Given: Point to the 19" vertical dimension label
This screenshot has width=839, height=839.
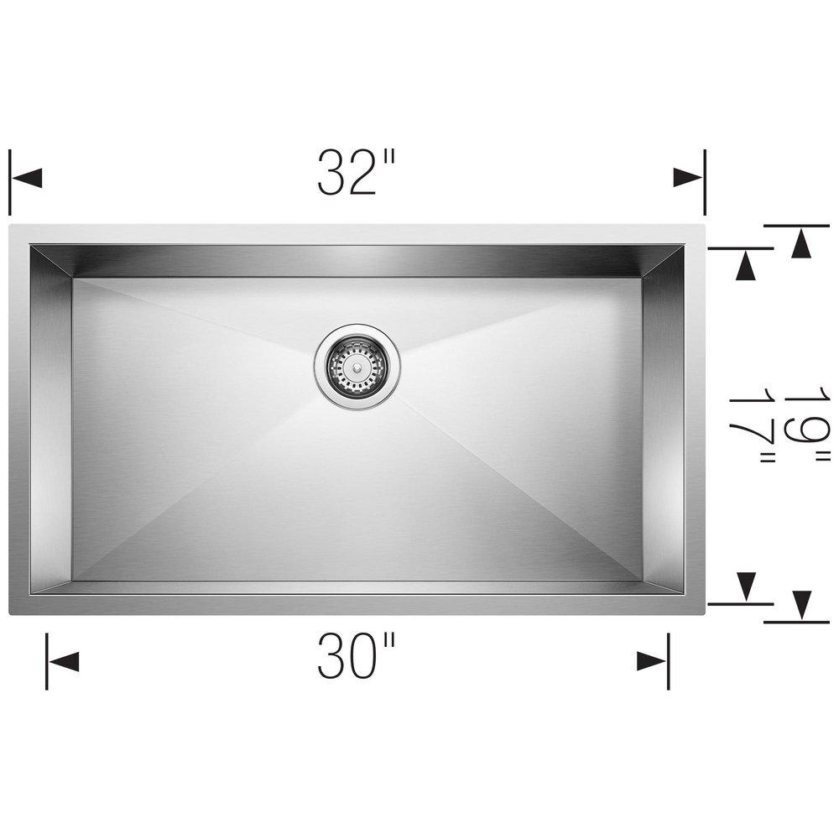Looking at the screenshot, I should (805, 428).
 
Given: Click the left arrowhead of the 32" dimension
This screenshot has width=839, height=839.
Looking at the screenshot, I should (28, 178).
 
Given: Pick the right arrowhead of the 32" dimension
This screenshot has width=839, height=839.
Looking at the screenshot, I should (688, 178).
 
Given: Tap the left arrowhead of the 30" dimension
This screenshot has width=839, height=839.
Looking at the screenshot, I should (64, 661).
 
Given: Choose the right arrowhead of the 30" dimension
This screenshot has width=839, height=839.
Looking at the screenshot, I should (651, 661).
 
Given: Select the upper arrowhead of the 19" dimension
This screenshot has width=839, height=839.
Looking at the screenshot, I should (802, 243).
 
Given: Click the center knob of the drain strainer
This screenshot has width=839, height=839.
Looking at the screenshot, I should (357, 365).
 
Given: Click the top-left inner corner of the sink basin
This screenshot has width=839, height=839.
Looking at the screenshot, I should (31, 246).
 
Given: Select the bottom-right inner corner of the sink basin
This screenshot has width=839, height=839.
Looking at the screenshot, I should (683, 594).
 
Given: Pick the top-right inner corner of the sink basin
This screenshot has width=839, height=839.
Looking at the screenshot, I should (683, 246).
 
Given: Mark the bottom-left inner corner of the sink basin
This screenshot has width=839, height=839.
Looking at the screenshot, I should (31, 594).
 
